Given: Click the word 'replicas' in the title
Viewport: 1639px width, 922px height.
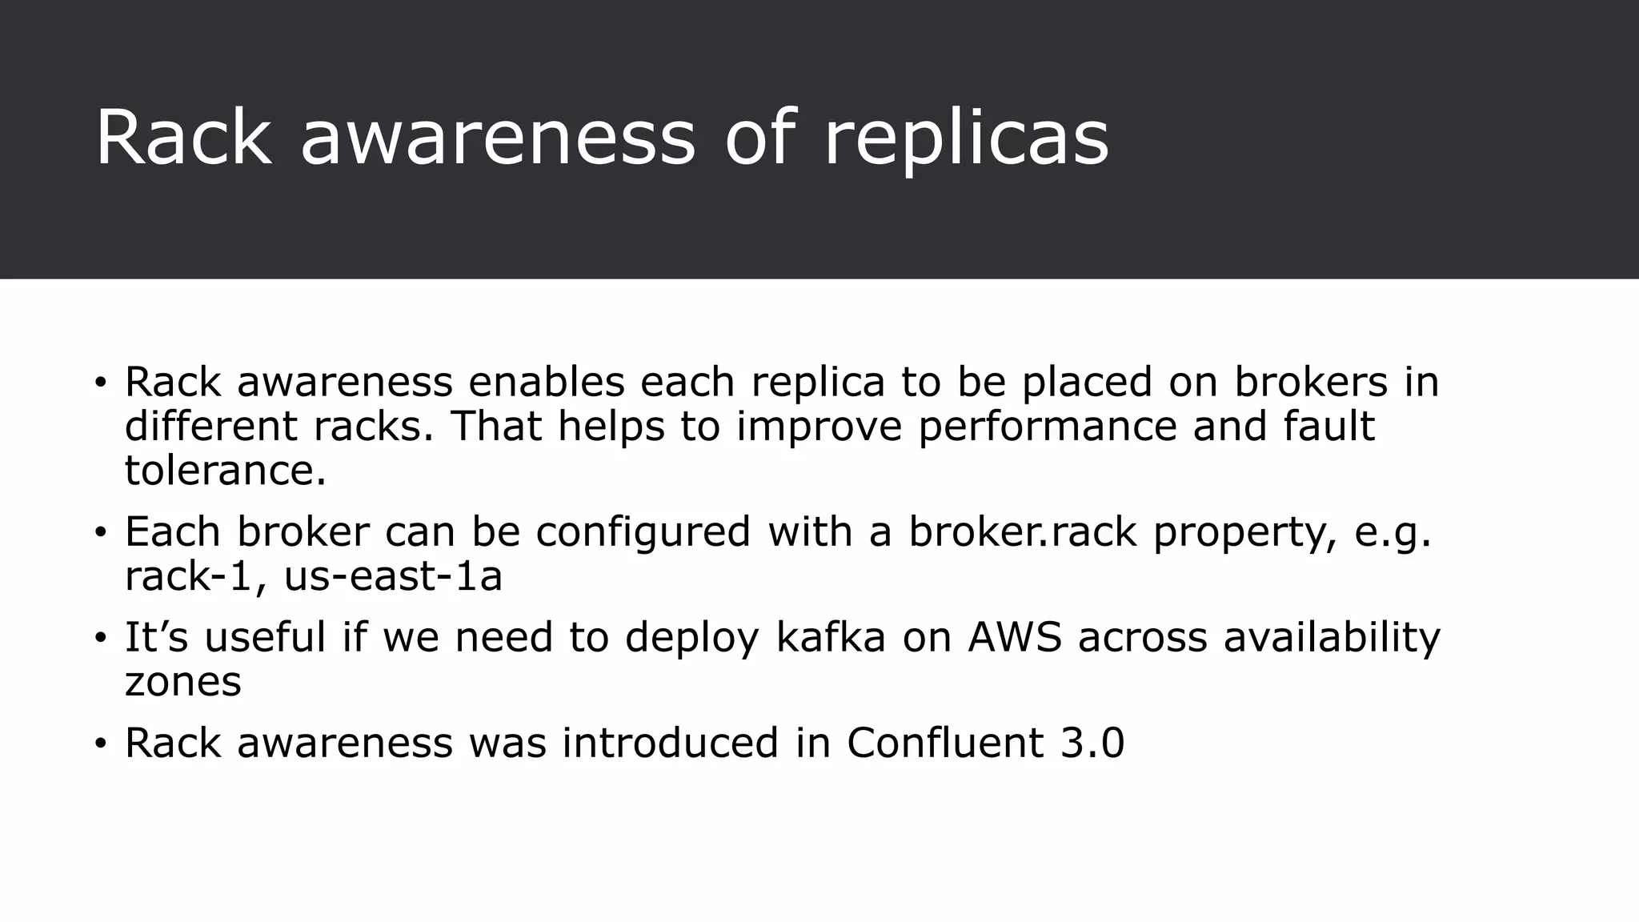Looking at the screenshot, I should click(966, 138).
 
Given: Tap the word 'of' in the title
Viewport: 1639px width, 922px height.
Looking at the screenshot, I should click(760, 138).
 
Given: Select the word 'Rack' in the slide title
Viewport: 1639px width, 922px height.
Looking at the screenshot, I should click(183, 138).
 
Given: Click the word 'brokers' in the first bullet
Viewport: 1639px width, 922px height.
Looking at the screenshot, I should click(1310, 382).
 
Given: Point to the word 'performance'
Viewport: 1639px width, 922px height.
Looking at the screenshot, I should click(1048, 426).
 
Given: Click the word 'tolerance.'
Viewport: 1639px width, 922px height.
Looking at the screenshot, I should click(226, 470).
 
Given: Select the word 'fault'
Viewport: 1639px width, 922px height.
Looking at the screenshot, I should click(1329, 426).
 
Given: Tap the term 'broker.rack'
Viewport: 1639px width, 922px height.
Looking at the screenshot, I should click(1022, 531).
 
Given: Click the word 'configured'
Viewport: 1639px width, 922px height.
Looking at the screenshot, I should click(643, 531).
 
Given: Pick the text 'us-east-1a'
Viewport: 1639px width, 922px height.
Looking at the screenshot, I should click(393, 575).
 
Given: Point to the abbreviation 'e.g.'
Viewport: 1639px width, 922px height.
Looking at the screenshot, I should click(1393, 531).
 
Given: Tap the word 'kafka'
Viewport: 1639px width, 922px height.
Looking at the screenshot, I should click(831, 638).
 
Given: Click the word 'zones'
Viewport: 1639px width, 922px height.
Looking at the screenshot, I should click(183, 682).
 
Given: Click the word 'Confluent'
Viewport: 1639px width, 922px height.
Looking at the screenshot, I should click(945, 743).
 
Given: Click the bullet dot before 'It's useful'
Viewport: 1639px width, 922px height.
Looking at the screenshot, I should click(100, 639).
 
